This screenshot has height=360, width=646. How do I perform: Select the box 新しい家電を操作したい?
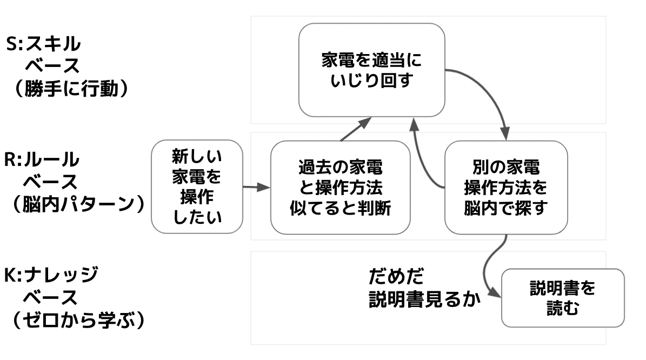point(196,186)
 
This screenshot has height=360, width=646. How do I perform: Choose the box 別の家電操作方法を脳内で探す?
point(505,187)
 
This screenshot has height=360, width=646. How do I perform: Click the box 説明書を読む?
point(562,298)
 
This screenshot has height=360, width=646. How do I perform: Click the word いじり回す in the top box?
point(371,82)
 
